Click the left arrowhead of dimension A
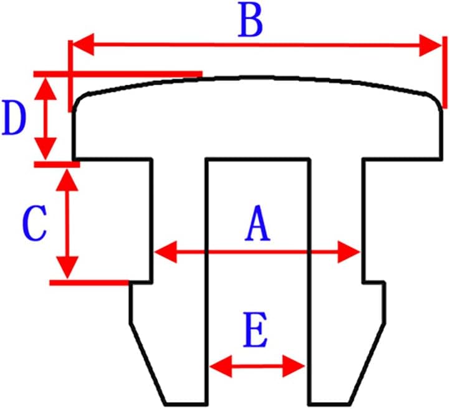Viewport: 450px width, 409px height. [x=164, y=253]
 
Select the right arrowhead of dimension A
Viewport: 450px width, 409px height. [x=351, y=253]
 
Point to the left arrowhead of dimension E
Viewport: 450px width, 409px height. [x=219, y=367]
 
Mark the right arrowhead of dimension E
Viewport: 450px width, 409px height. [x=295, y=367]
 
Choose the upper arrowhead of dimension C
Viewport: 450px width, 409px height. [x=67, y=178]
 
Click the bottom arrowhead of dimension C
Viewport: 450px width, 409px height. [x=67, y=269]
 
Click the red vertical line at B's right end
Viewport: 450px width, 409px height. [x=444, y=72]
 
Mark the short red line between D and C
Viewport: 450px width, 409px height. [x=56, y=164]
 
